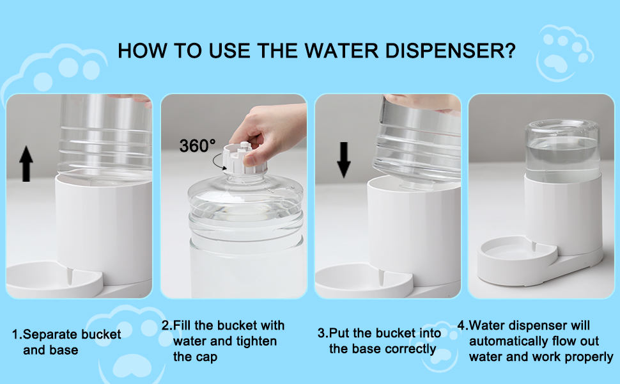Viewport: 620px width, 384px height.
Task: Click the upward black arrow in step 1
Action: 26,164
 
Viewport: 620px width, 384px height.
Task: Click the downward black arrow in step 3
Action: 344,159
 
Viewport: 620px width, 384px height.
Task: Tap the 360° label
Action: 198,145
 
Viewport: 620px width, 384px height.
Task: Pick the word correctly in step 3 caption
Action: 410,349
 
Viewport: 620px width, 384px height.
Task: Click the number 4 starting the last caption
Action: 461,326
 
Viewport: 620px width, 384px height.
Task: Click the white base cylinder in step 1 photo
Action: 102,224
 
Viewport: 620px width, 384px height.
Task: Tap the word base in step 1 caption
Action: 66,350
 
